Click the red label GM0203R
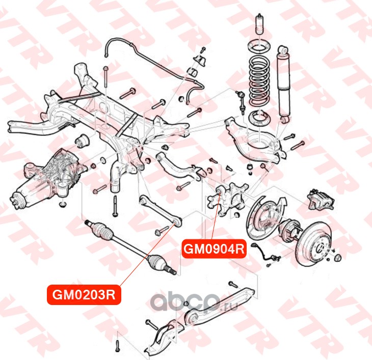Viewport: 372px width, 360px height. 84,295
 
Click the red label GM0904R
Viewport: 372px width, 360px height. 215,250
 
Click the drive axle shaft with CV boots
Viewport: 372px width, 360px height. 130,244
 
